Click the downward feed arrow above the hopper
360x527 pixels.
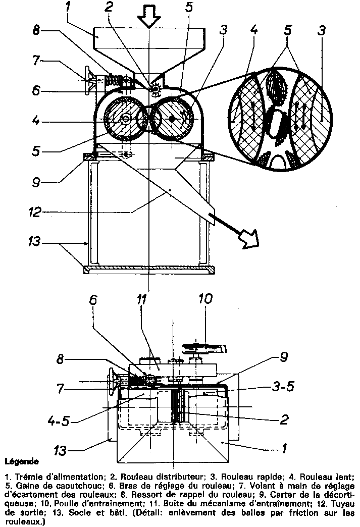(149, 16)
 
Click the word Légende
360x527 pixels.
(21, 461)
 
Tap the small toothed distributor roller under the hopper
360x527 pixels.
(155, 89)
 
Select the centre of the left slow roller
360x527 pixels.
(124, 120)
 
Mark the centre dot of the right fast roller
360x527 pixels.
(172, 119)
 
